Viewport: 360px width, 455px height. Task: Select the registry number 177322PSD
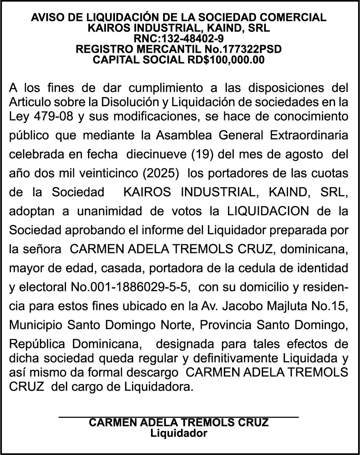(252, 49)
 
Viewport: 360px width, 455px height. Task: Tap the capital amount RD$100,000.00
(226, 60)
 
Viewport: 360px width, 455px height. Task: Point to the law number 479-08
(51, 116)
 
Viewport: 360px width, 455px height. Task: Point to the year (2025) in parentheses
(161, 173)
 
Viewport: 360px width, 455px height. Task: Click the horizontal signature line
(179, 417)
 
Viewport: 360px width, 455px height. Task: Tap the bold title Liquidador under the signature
(179, 433)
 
